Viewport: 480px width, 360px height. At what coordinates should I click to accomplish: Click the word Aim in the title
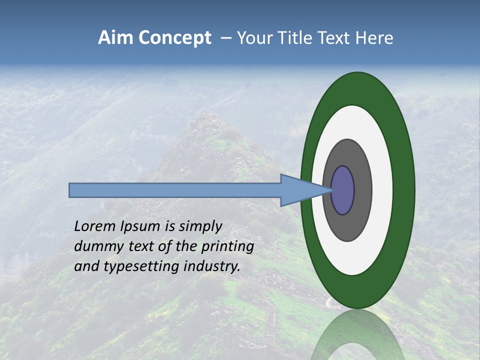[x=116, y=38]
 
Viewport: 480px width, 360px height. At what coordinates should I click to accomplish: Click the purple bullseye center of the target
[x=343, y=190]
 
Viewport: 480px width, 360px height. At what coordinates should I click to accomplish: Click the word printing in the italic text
[x=227, y=247]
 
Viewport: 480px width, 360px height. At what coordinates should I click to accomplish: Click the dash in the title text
[x=225, y=38]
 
